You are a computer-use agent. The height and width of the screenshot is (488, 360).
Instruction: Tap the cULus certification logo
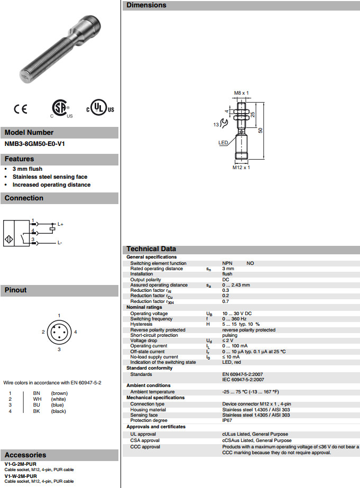click(100, 108)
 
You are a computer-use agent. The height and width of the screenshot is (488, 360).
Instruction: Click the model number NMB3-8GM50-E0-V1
click(31, 143)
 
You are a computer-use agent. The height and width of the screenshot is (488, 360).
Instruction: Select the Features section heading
click(20, 159)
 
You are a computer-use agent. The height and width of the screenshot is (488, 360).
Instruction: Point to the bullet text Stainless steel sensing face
click(50, 177)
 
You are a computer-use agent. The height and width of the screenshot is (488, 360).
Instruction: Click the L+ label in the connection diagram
click(60, 225)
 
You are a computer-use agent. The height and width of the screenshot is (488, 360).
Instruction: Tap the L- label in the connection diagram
click(60, 243)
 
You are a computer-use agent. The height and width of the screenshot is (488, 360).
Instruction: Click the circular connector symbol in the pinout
click(59, 332)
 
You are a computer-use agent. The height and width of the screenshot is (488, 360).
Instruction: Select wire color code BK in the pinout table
click(37, 411)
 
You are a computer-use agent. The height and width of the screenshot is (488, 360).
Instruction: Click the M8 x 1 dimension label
click(241, 93)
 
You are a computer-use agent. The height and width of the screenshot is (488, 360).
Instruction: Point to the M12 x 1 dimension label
click(241, 168)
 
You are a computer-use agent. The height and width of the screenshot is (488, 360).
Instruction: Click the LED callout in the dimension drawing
click(223, 142)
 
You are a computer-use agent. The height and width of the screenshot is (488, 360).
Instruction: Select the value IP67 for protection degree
click(227, 420)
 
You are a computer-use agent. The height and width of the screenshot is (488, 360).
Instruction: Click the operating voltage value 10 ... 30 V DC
click(237, 314)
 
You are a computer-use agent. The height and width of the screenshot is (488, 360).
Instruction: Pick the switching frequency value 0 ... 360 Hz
click(235, 319)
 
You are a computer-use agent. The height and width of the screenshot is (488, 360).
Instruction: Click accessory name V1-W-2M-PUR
click(21, 476)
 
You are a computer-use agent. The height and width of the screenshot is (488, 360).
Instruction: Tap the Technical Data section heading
click(151, 249)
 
